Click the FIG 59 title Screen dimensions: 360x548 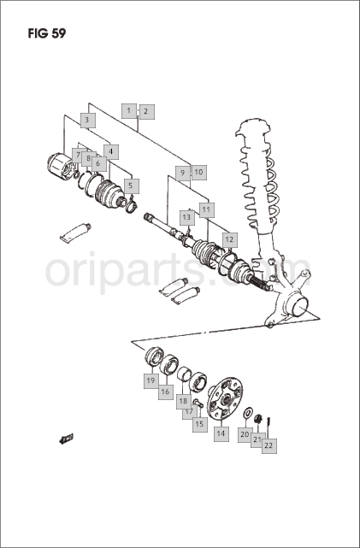[x=47, y=33]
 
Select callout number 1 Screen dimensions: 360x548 [x=129, y=111]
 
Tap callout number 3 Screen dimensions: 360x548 [x=87, y=121]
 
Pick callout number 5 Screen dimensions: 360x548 [x=131, y=186]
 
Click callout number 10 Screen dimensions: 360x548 [x=198, y=173]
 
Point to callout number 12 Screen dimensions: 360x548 [x=229, y=239]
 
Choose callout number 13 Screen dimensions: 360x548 [x=187, y=218]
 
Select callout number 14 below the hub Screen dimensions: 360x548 [x=221, y=433]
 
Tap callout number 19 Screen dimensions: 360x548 [x=151, y=381]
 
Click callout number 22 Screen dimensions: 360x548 [x=269, y=445]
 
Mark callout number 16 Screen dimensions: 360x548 [x=166, y=392]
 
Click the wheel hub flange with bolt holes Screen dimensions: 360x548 [x=225, y=398]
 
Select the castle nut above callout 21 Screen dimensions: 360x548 [x=258, y=418]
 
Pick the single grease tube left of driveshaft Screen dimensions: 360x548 [x=75, y=233]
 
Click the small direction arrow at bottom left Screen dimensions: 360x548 [x=66, y=439]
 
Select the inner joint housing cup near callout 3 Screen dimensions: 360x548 [x=60, y=167]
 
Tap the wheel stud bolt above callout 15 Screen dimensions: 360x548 [x=198, y=403]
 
